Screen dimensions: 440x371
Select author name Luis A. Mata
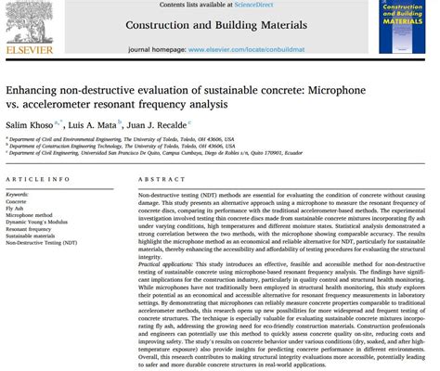click(x=90, y=122)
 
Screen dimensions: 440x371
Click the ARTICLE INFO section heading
click(x=37, y=178)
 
